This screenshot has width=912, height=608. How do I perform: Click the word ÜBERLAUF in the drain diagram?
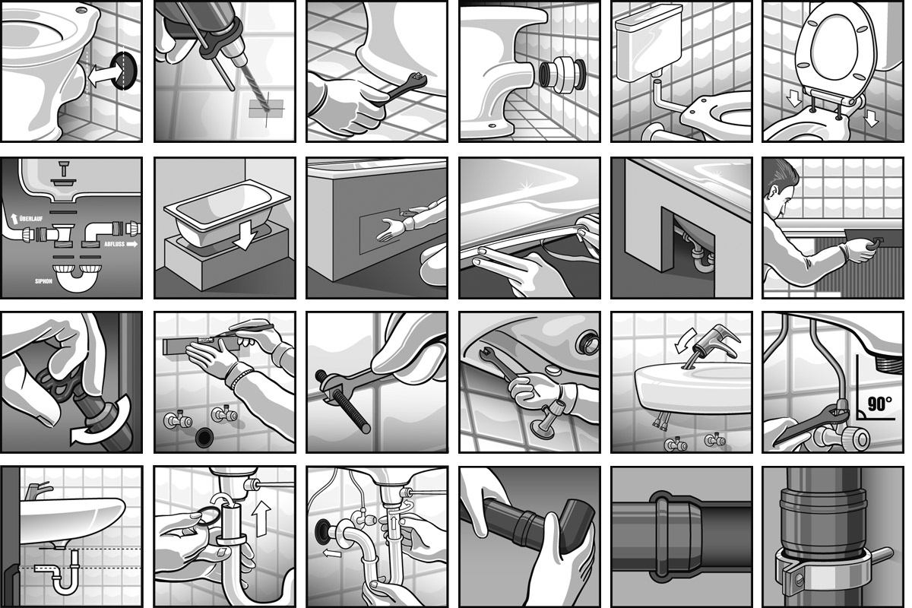tap(31, 219)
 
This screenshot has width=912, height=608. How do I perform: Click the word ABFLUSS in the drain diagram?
tap(115, 245)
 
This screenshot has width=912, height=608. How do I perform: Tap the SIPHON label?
tap(43, 281)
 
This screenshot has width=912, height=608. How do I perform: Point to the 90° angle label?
tap(879, 404)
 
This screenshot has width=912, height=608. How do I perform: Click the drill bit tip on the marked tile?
tap(267, 110)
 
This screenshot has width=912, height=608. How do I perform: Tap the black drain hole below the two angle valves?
tap(204, 437)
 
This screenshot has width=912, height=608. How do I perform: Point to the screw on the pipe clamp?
tap(800, 579)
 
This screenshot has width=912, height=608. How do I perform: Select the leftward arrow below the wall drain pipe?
tap(332, 553)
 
